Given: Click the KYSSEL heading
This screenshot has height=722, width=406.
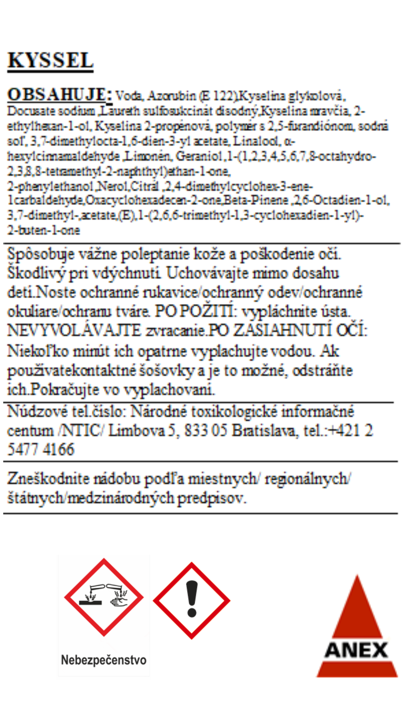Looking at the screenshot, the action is (50, 61).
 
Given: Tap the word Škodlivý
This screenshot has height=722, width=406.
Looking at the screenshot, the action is (36, 273).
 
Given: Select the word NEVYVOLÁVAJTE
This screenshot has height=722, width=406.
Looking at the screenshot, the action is (74, 331).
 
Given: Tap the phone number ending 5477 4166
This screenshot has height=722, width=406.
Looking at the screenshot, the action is (41, 449).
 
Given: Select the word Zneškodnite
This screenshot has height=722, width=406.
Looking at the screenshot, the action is (47, 479).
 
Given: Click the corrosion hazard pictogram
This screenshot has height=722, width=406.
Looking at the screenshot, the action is (104, 597).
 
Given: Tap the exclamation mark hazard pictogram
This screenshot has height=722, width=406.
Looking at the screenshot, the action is (192, 601).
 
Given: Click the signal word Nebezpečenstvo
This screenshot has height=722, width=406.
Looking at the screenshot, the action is (104, 660).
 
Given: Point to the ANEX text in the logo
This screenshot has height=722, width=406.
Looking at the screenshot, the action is (356, 651).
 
